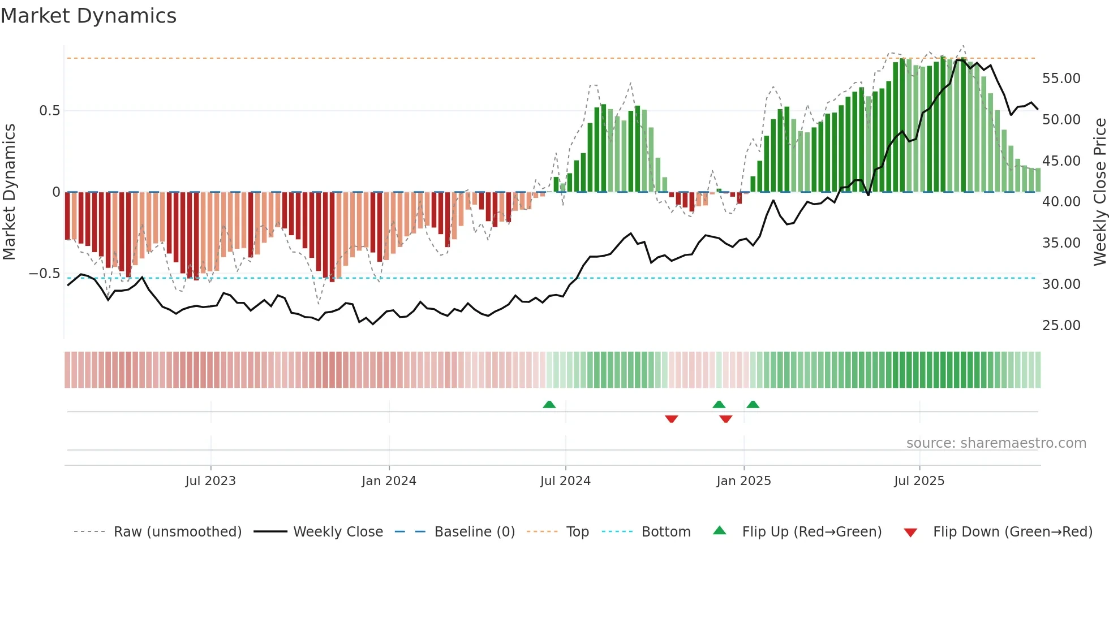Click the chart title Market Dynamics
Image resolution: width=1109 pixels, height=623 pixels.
click(88, 16)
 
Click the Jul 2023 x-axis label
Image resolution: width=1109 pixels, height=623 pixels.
click(210, 481)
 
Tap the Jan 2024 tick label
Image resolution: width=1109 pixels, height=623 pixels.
click(389, 481)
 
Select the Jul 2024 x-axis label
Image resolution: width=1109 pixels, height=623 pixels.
click(565, 481)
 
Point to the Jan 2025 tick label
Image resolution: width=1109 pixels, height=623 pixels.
click(743, 481)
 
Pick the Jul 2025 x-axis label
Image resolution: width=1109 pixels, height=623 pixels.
click(919, 481)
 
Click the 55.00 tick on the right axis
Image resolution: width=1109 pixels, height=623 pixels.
click(1061, 78)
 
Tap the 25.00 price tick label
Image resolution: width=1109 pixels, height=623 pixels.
click(1061, 325)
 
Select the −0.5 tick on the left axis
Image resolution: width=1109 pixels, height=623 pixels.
click(45, 274)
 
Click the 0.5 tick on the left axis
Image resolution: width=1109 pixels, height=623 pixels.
click(49, 110)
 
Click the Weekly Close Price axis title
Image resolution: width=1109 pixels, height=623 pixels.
click(1099, 192)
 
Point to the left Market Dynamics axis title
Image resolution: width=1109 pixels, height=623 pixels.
click(9, 192)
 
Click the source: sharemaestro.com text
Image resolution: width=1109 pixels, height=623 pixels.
click(996, 443)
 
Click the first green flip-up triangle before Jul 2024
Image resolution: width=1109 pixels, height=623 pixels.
click(549, 405)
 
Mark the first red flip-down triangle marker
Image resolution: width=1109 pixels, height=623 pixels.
click(672, 418)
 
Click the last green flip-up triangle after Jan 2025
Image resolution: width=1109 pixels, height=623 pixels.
click(753, 405)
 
